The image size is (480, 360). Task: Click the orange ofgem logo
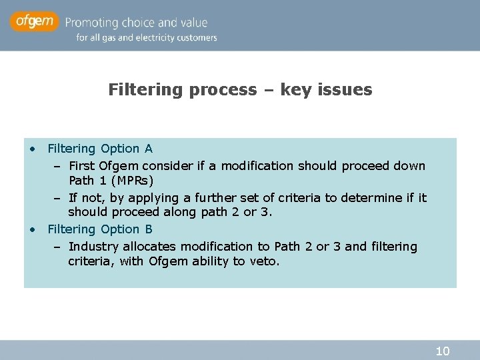[x=34, y=22]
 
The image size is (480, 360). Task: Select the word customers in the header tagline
[x=196, y=38]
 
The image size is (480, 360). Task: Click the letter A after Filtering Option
[x=148, y=149]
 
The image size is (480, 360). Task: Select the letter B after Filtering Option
[x=148, y=229]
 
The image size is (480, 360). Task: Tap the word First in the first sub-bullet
[x=82, y=165]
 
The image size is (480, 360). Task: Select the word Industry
[x=92, y=247]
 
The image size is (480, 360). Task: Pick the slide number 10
[x=442, y=351]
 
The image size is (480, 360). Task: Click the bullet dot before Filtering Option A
[x=32, y=149]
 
